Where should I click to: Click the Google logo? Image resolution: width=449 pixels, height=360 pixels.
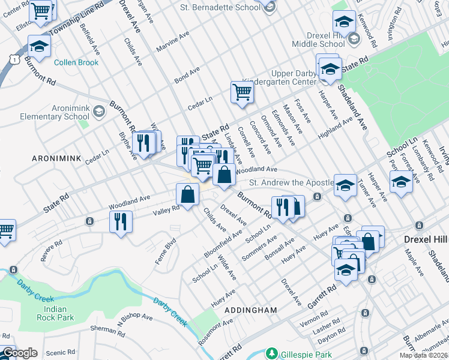19,353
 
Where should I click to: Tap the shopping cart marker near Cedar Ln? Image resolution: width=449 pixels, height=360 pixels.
242,92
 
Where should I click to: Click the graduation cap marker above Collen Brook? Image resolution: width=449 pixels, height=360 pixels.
39,46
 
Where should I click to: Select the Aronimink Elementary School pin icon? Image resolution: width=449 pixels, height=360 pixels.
98,110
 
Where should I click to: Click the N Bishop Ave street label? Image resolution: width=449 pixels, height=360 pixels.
134,316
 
